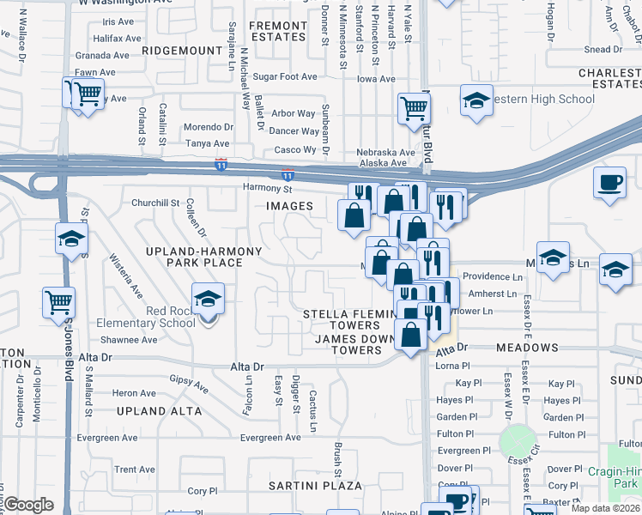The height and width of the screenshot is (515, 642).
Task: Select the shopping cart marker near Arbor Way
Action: tap(414, 109)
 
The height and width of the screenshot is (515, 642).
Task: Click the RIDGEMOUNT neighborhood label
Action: tap(182, 51)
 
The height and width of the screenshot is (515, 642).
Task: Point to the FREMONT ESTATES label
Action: tap(277, 32)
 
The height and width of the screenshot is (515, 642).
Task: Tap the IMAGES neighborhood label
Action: tap(289, 206)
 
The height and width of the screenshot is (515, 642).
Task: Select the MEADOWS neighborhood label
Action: tap(527, 348)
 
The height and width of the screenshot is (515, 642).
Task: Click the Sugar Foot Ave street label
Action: tap(279, 76)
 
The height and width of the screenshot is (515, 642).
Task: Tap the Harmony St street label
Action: tap(268, 188)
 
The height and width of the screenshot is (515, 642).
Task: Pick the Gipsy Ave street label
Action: tap(189, 383)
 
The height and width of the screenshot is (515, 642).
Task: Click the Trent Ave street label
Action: tap(135, 470)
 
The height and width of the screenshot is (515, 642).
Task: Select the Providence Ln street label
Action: tap(494, 277)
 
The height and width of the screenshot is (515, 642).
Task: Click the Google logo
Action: tap(28, 505)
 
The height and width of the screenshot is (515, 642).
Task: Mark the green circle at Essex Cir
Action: tap(517, 441)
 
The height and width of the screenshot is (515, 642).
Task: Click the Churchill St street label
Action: tap(154, 203)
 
